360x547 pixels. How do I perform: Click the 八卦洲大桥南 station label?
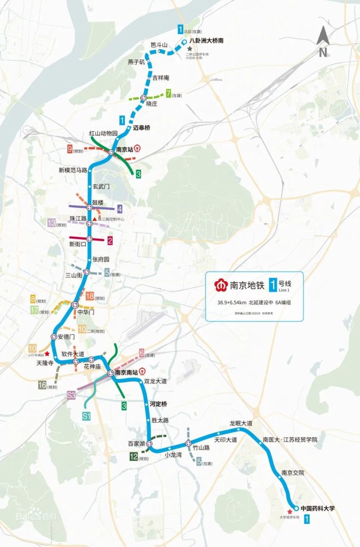(x=206, y=41)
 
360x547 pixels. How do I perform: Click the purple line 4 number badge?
(x=119, y=208)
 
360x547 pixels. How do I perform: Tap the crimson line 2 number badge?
(x=110, y=240)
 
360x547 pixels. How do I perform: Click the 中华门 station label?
(x=86, y=312)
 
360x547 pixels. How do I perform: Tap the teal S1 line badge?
(x=86, y=416)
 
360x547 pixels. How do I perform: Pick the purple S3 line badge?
(x=71, y=394)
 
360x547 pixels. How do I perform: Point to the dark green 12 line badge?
(x=133, y=457)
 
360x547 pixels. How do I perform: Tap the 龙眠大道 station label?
(x=241, y=423)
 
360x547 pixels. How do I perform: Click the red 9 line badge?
(x=69, y=149)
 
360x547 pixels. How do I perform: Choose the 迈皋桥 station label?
(x=142, y=127)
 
